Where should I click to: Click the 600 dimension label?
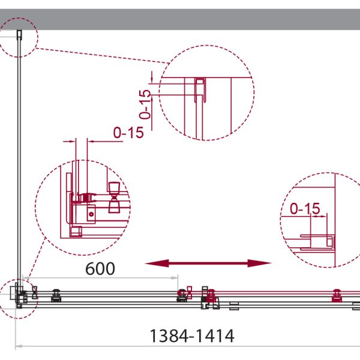coord(100,269)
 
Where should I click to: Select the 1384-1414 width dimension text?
coord(192,336)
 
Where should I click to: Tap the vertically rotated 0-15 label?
coord(145,104)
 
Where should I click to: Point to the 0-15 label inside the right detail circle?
coord(305,208)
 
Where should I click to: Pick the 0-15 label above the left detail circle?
coord(128,133)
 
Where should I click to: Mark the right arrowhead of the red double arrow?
coord(260,263)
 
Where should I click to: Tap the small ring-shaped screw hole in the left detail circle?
coord(91,214)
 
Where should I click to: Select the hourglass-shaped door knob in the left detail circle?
coord(114,197)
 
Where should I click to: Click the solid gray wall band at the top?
coord(180,19)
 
